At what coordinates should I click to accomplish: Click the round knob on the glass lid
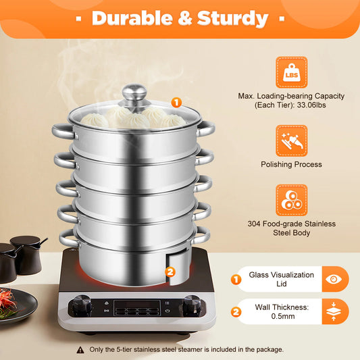[x=134, y=94]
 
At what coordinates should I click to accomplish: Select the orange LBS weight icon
[x=291, y=72]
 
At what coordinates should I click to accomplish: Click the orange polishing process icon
[x=291, y=140]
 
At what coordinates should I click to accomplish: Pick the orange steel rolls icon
[x=291, y=201]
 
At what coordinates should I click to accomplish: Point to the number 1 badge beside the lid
[x=176, y=103]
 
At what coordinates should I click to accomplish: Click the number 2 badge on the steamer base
[x=170, y=273]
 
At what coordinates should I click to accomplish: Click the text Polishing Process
[x=290, y=164]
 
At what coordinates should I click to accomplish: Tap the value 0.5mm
[x=282, y=316]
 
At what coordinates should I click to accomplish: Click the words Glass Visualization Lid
[x=282, y=280]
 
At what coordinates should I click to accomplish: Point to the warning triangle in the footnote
[x=81, y=349]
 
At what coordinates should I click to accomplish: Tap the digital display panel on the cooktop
[x=137, y=307]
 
